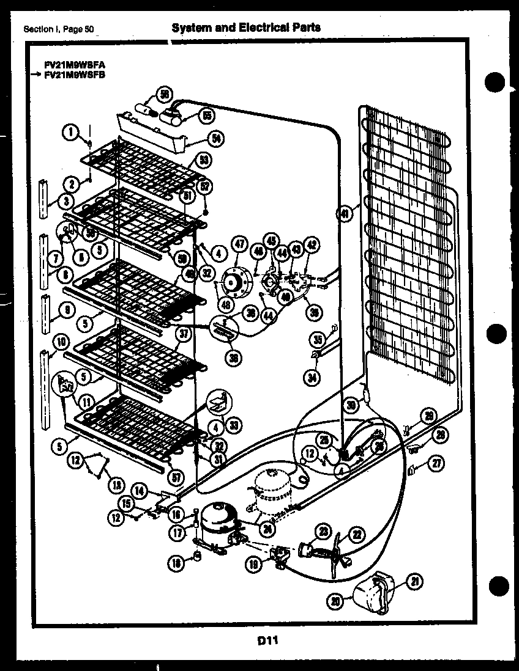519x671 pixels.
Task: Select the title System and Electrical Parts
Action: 245,28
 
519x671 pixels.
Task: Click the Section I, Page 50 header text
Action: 59,29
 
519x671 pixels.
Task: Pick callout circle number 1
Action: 71,131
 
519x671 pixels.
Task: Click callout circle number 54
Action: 215,139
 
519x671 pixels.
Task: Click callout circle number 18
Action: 177,564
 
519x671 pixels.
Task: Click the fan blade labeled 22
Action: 336,551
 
